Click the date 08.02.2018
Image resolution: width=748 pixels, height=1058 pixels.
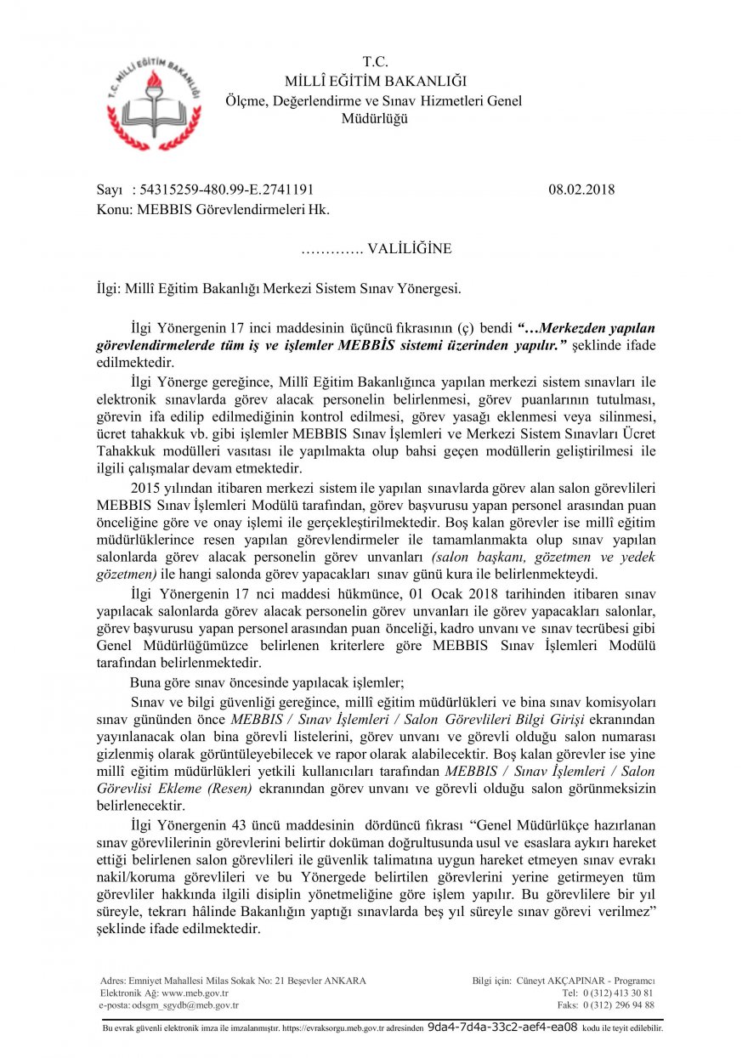pyautogui.click(x=581, y=190)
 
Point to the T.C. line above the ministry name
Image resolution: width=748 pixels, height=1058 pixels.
pyautogui.click(x=375, y=61)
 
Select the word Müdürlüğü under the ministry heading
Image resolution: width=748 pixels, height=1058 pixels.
pyautogui.click(x=374, y=119)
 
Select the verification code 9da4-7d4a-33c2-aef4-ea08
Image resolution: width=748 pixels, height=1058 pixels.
pyautogui.click(x=502, y=1027)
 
